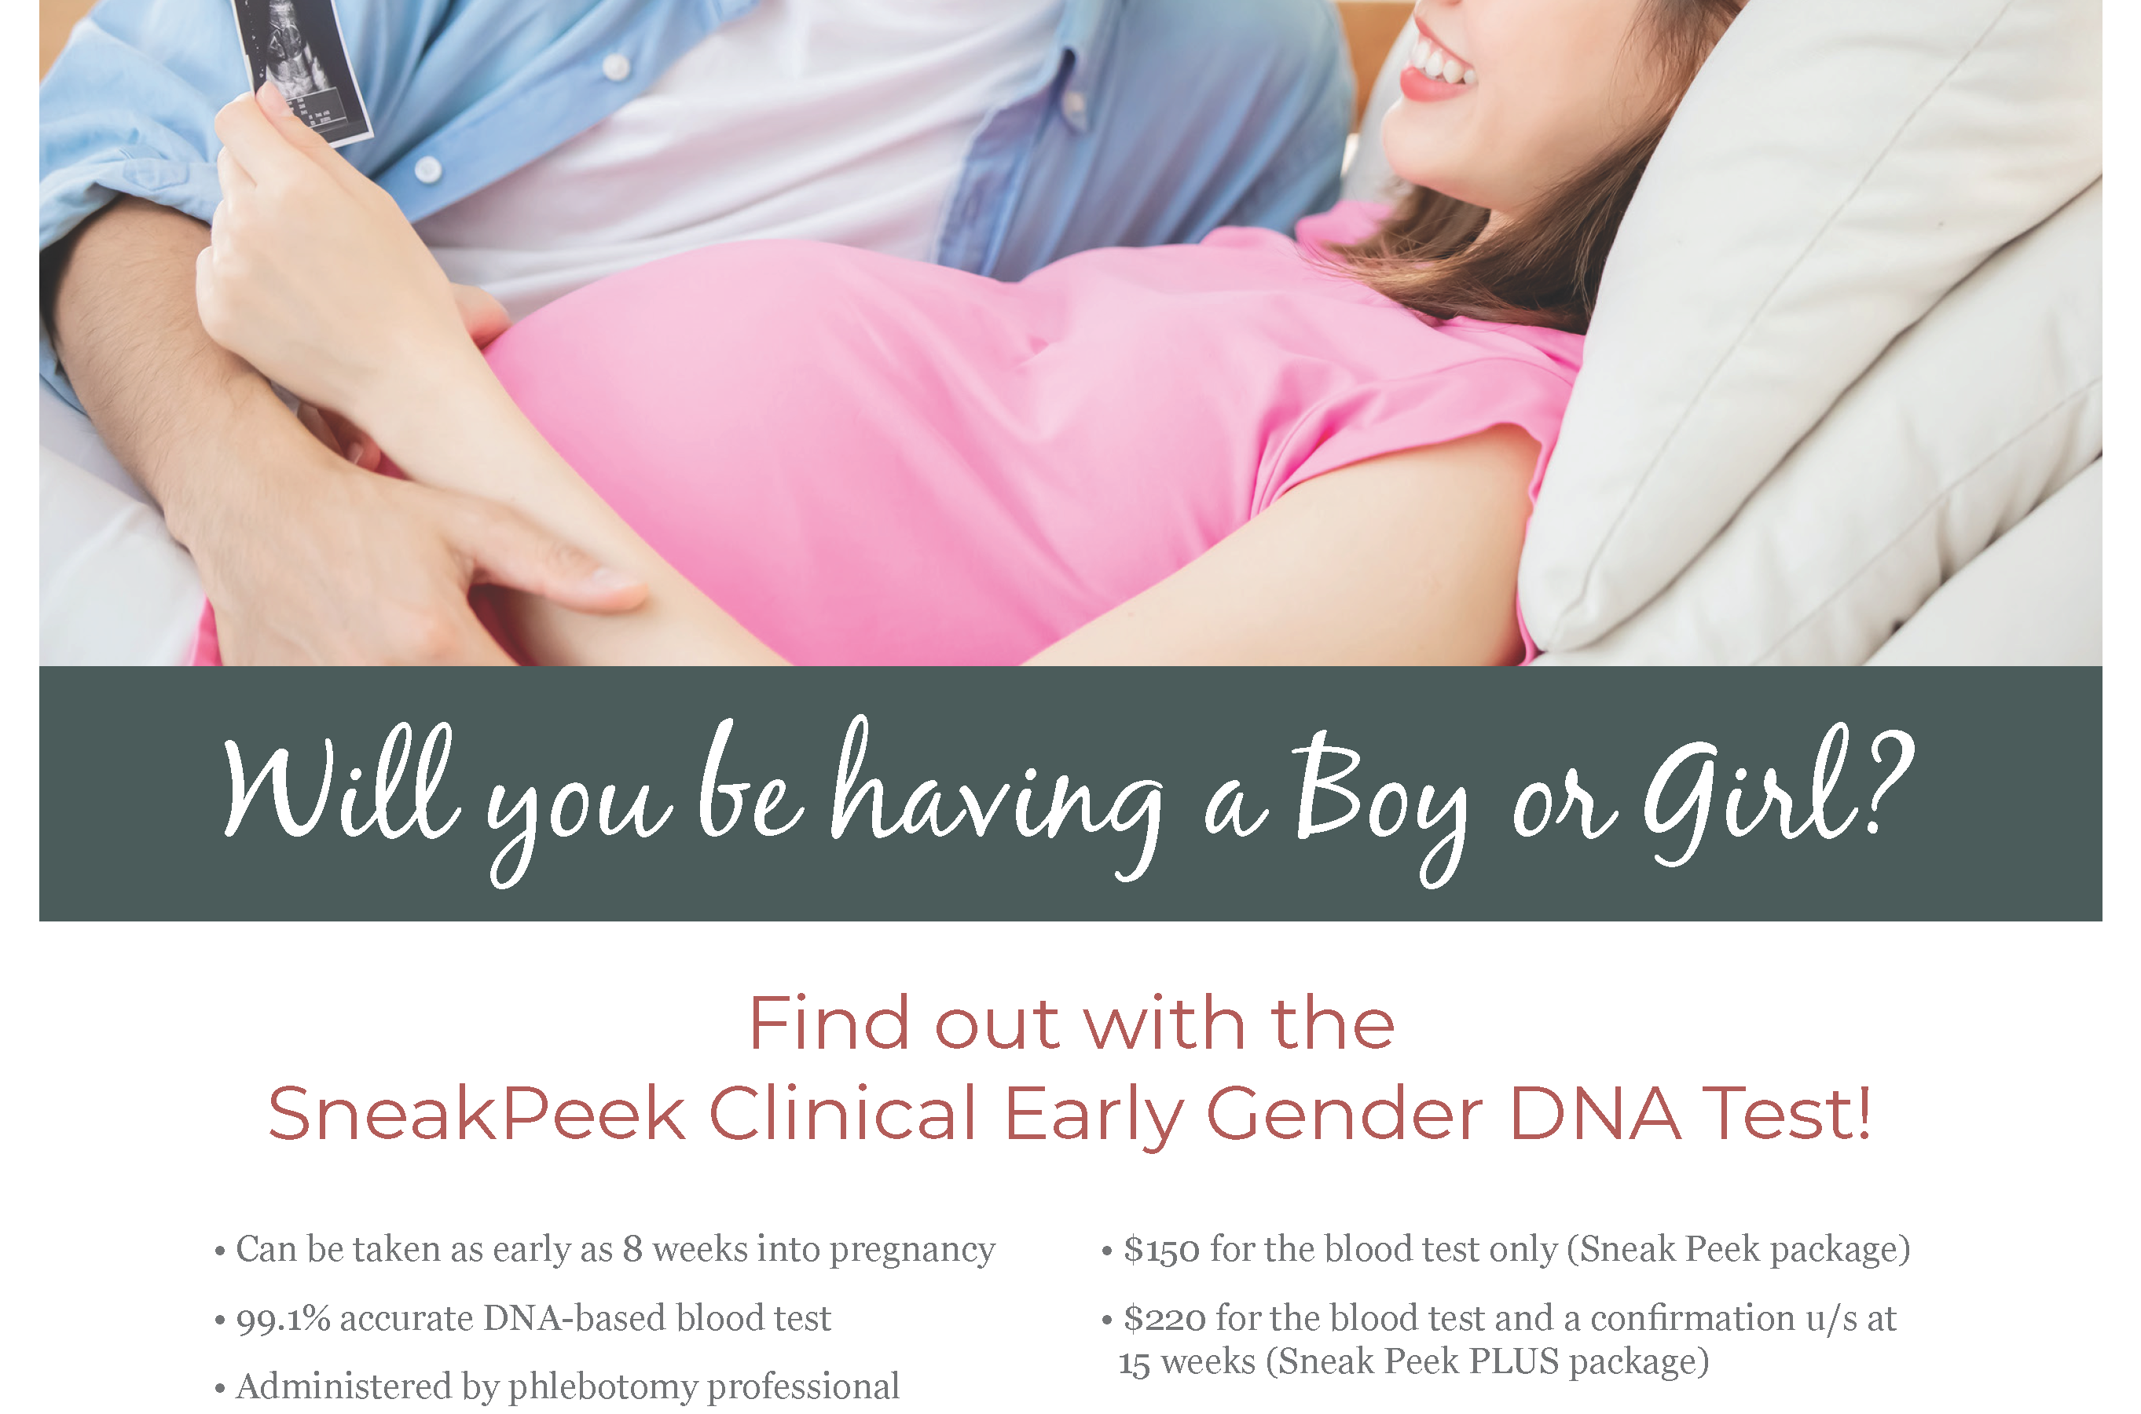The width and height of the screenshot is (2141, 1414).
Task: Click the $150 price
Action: click(x=1161, y=1250)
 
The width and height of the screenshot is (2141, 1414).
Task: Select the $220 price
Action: click(x=1164, y=1318)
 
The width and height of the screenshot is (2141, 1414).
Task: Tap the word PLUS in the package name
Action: click(x=1514, y=1361)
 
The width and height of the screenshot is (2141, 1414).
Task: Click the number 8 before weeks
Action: click(x=633, y=1249)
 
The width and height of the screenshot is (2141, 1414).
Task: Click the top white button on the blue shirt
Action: click(x=616, y=65)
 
